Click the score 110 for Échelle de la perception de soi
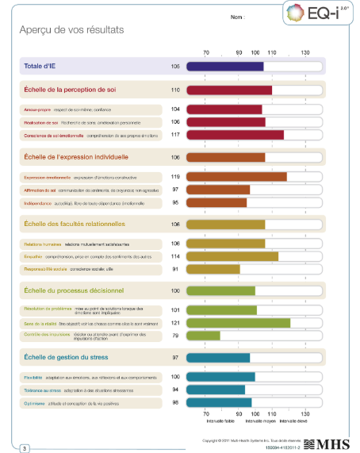[175, 90]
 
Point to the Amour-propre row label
[37, 109]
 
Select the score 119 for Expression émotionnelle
[175, 176]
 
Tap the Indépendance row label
[39, 202]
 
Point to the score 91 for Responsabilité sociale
[175, 270]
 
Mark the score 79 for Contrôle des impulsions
[175, 336]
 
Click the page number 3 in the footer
[25, 449]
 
